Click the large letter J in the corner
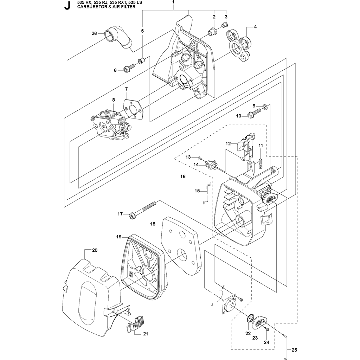(67, 6)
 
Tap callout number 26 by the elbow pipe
(94, 33)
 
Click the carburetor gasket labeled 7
(134, 110)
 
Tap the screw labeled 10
(255, 114)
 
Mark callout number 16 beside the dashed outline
(183, 176)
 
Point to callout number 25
(294, 350)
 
